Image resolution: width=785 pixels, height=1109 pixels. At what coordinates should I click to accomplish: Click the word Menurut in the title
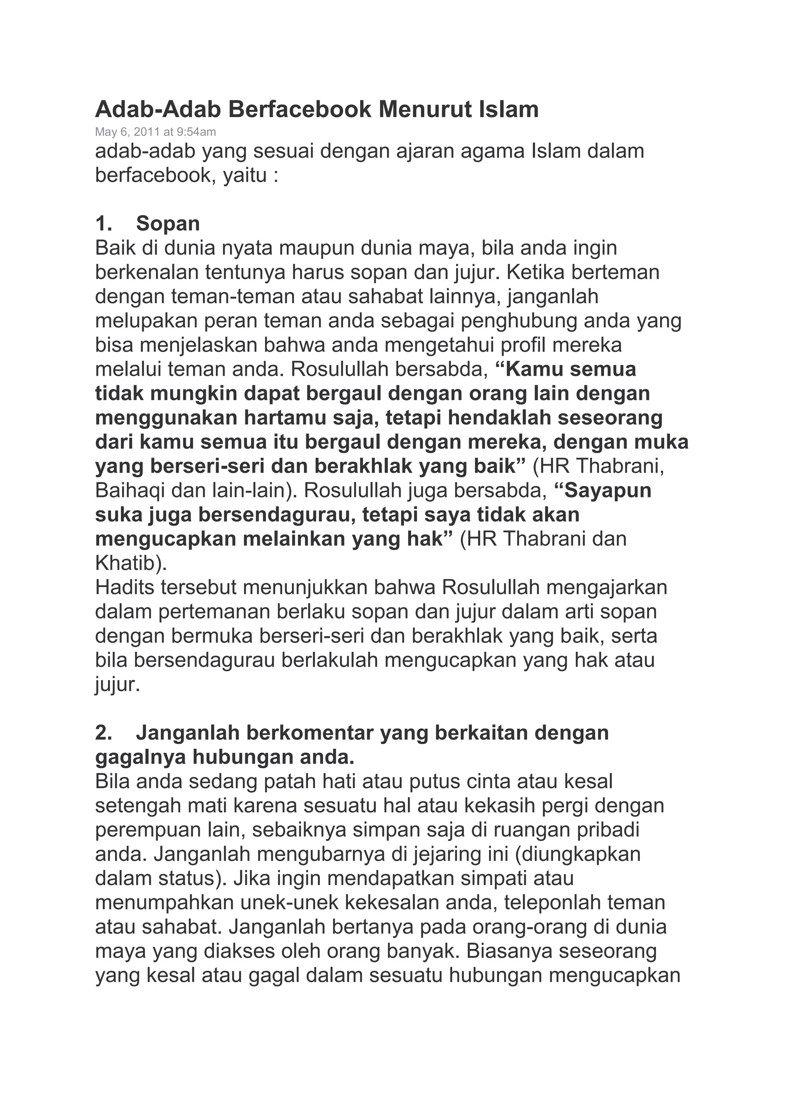424,110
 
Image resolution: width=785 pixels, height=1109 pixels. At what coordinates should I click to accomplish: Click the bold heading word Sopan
168,224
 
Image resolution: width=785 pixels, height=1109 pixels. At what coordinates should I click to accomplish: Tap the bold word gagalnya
140,757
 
